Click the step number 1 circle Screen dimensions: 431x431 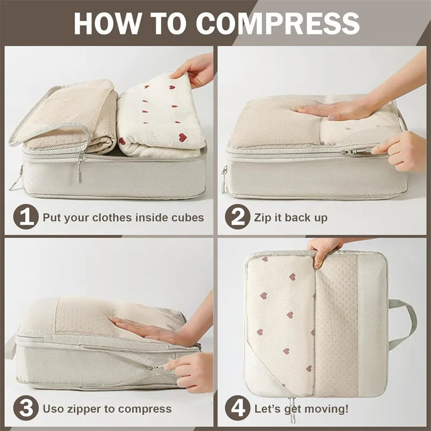tap(25, 217)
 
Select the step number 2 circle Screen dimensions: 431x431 tap(237, 217)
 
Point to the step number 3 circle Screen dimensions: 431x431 tap(25, 408)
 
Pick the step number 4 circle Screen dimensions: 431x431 tap(237, 408)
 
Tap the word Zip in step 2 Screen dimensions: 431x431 tap(263, 218)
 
